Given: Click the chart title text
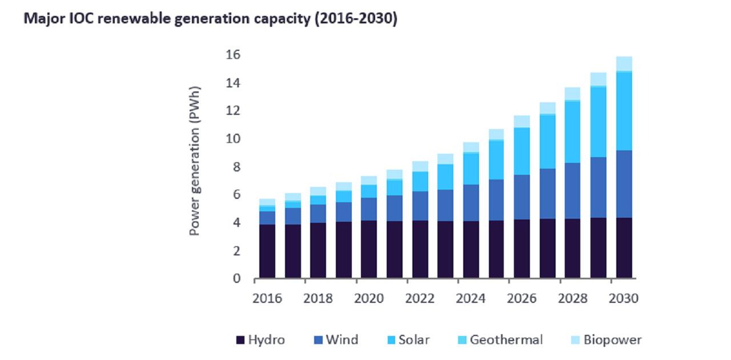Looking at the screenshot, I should pos(210,18).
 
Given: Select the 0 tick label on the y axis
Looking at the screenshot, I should pos(236,279).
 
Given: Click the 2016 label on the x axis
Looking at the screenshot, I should pos(268,299).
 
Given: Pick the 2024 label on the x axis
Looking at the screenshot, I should pos(471,299).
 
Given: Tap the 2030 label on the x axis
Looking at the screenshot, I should pos(624,299).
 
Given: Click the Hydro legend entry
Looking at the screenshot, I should pos(260,340).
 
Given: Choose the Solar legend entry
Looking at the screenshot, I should pos(407,340).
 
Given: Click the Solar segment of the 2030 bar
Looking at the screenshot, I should pos(624,111).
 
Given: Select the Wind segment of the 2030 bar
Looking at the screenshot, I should pos(624,184).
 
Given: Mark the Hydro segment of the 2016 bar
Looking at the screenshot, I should pos(268,251).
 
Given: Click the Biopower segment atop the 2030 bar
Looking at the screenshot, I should pos(624,63).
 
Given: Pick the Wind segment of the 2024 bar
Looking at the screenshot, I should pos(471,203).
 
